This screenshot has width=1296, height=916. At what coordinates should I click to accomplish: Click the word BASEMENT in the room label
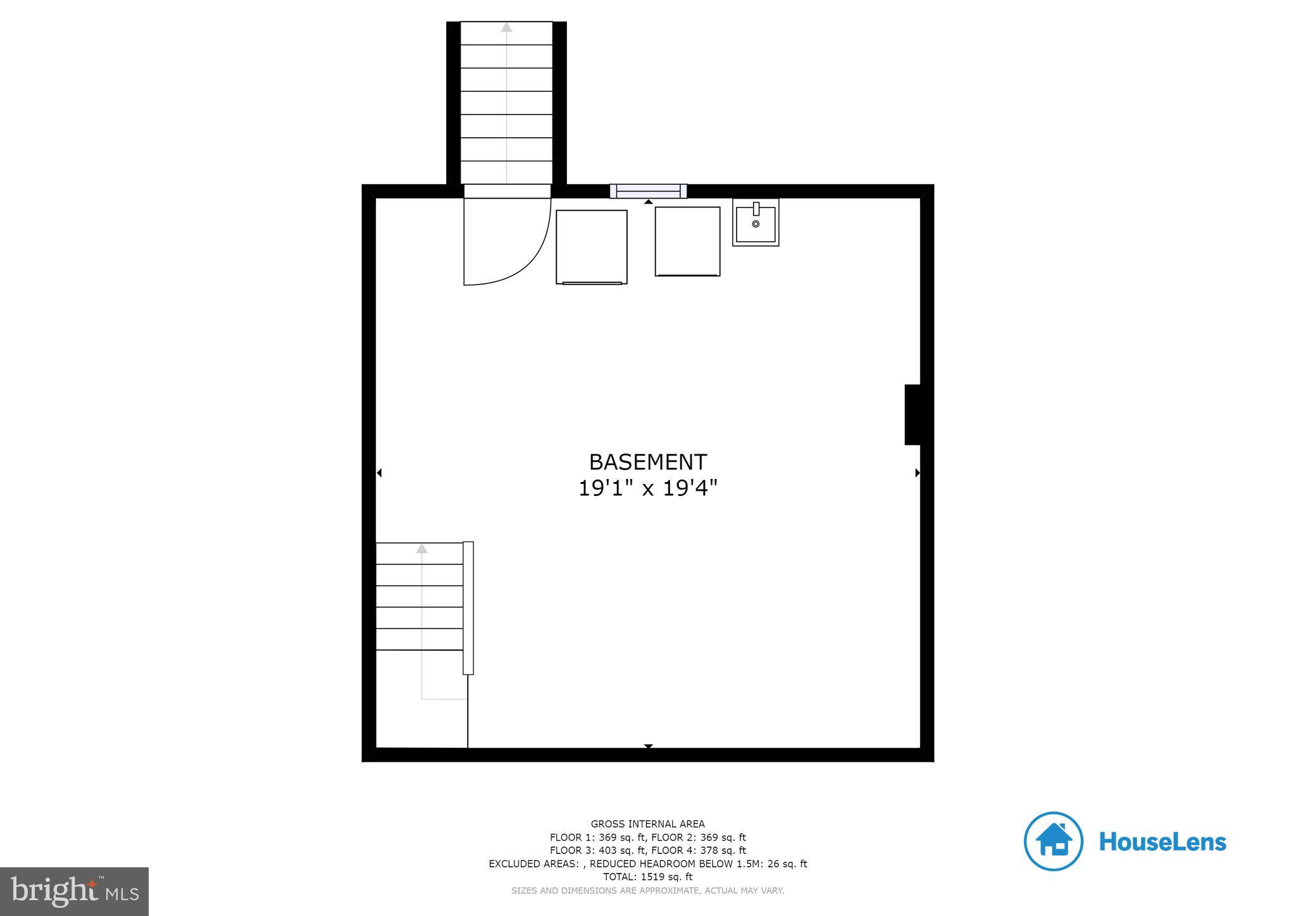647,462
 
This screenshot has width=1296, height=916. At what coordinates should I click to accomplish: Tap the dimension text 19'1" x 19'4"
647,488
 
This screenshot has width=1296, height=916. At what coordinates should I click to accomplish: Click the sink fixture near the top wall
756,223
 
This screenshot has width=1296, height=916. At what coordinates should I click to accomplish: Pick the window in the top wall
648,191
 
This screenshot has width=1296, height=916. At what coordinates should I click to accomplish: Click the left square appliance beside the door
591,247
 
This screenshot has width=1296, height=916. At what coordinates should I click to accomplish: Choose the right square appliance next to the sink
687,241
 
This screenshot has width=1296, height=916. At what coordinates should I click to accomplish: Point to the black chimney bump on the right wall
912,414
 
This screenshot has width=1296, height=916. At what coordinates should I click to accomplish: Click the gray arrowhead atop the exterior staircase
506,27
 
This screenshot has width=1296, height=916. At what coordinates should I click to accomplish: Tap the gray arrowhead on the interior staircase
421,548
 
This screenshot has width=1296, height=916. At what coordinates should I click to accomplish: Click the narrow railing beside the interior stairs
468,607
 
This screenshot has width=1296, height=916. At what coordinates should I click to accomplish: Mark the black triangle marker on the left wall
379,473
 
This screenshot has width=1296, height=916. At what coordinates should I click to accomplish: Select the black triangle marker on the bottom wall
648,746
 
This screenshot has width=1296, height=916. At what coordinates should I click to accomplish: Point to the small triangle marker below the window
648,202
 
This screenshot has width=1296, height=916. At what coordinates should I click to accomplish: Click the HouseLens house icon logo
1053,841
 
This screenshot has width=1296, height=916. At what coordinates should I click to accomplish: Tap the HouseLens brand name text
1162,842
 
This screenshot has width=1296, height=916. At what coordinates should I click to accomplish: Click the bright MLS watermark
75,892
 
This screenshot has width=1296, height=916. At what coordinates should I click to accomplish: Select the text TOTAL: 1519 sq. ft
647,877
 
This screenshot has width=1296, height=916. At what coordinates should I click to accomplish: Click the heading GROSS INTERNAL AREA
647,824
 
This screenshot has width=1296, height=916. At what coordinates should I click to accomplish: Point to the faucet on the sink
756,209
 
